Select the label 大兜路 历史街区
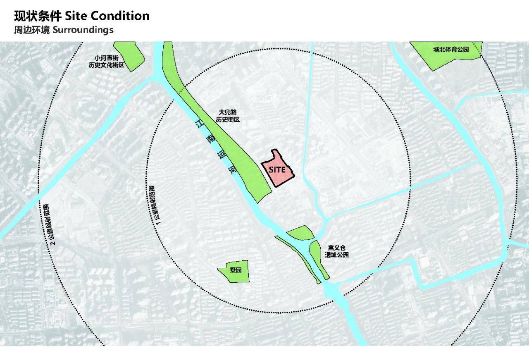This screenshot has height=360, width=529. (228, 116)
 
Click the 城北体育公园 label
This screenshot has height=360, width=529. (451, 50)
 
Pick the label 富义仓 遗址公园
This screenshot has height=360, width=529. (337, 251)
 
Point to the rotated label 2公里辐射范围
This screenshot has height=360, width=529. (47, 224)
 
